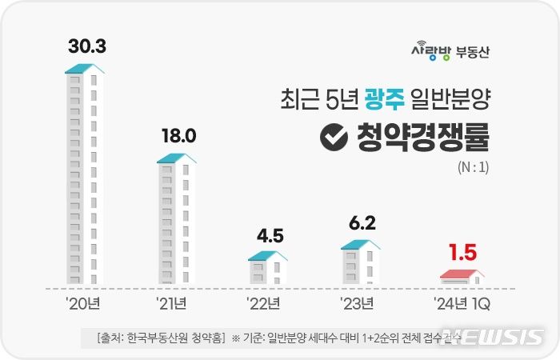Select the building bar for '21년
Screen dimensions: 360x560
click(176, 220)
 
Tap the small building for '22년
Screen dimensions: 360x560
click(267, 269)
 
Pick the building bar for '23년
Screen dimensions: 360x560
click(360, 262)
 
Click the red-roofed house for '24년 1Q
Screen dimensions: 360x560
click(462, 277)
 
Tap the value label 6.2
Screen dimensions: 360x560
click(360, 222)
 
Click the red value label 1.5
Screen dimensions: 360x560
click(462, 254)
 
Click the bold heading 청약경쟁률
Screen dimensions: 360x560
click(420, 138)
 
